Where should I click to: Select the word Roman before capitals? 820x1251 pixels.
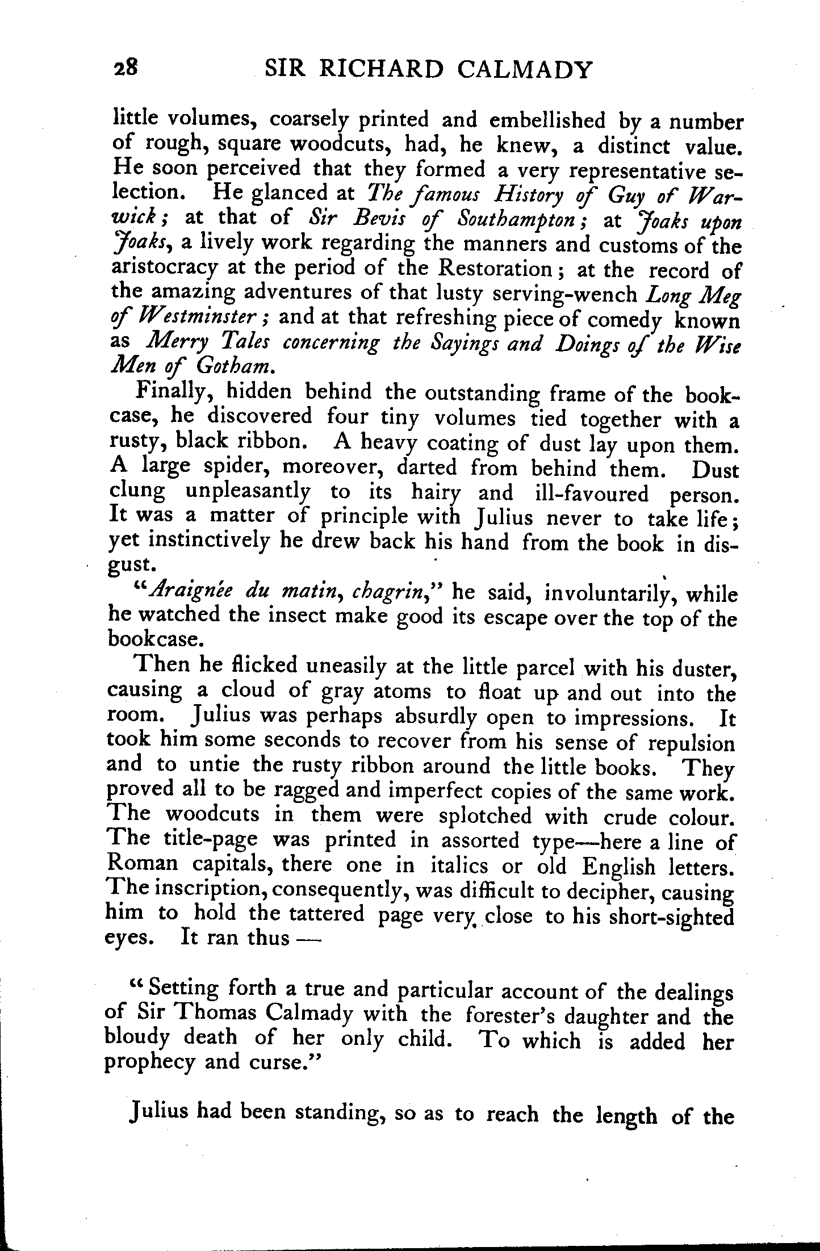point(143,866)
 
